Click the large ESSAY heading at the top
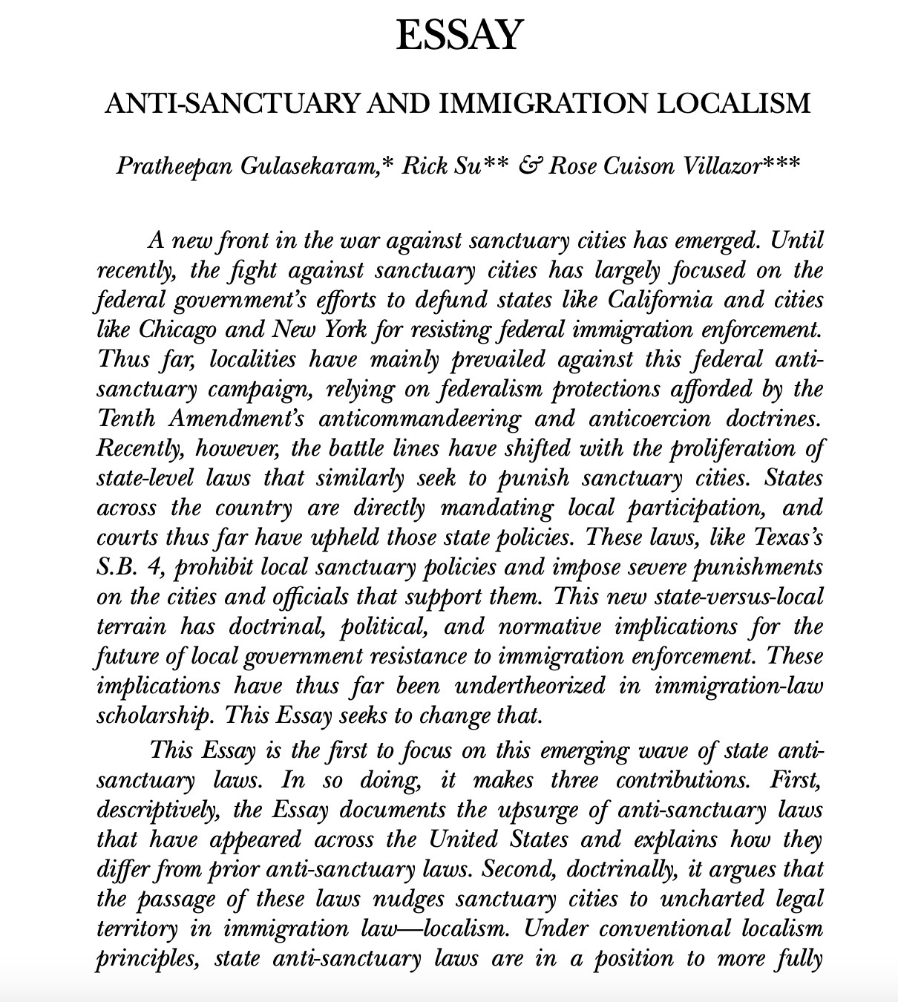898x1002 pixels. point(459,35)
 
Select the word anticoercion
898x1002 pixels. point(644,419)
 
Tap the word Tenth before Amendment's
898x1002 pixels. point(127,419)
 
